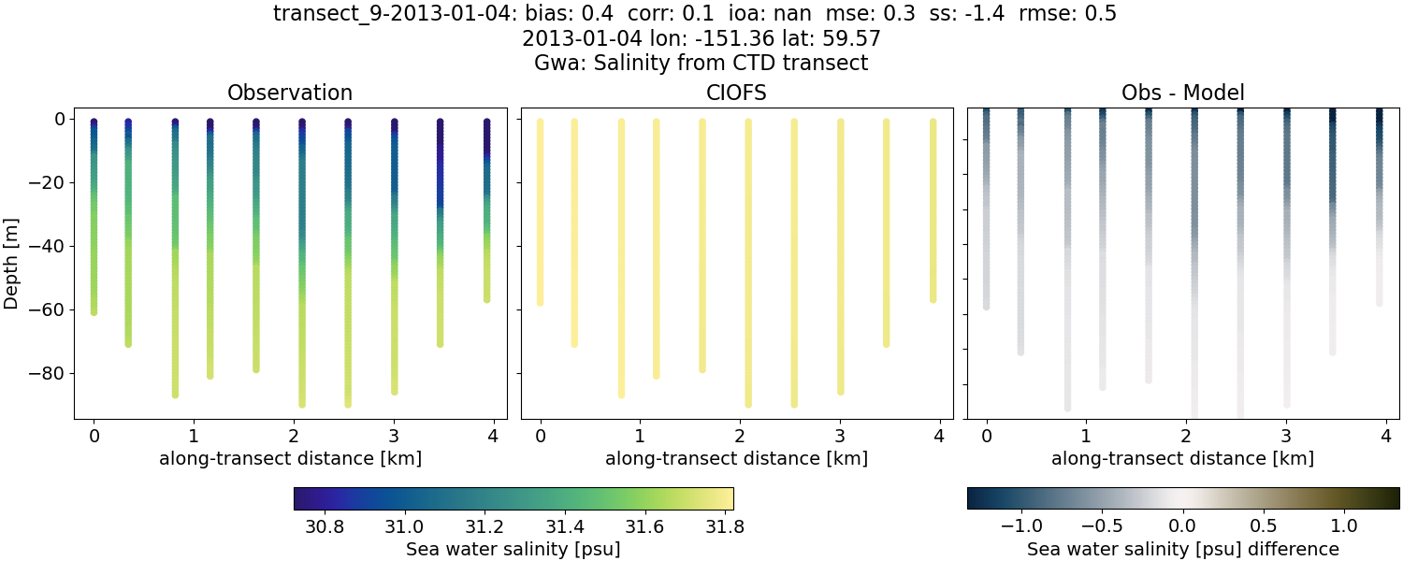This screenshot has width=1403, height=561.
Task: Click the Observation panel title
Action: (290, 93)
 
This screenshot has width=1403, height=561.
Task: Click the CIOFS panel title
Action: (736, 93)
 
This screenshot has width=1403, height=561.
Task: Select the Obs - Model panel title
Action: (1182, 93)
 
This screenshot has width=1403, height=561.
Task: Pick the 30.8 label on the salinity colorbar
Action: (324, 526)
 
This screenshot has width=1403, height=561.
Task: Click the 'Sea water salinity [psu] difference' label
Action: (1182, 549)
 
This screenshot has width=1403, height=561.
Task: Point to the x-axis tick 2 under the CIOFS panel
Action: (748, 436)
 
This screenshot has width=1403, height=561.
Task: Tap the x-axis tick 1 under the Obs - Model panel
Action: (1085, 436)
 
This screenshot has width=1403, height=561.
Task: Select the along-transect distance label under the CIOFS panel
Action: (736, 459)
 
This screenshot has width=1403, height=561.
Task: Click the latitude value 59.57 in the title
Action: (855, 39)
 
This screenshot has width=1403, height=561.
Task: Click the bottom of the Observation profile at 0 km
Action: (94, 311)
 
